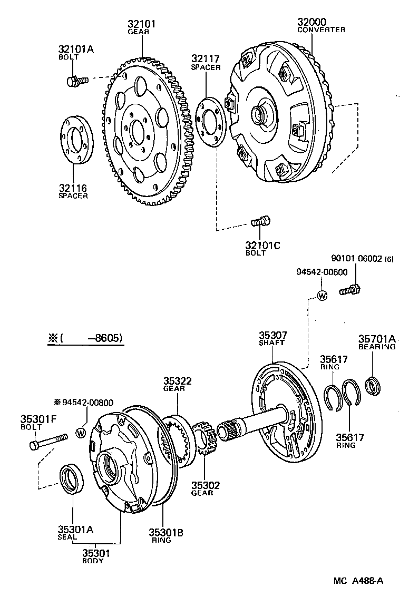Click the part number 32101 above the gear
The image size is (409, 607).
point(141,24)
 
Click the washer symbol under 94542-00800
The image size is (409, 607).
point(81,433)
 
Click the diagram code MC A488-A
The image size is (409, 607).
point(358,581)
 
